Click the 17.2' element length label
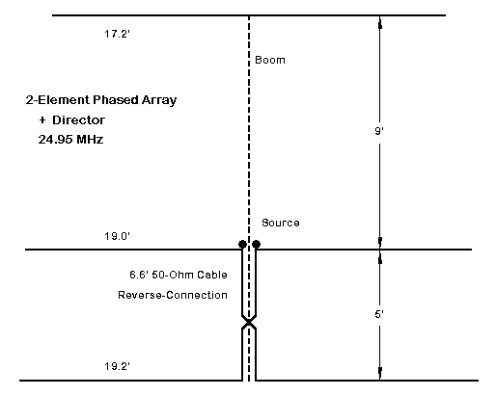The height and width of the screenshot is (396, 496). [x=117, y=34]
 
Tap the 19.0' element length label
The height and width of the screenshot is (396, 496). [x=117, y=236]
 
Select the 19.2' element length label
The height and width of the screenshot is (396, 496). [x=117, y=366]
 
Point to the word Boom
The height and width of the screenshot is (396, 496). [x=270, y=60]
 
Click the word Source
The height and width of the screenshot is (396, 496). [x=281, y=223]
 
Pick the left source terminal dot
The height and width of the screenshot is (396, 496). [x=242, y=244]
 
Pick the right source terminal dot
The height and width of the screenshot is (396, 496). [x=256, y=244]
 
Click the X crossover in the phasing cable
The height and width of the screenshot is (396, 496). [x=249, y=322]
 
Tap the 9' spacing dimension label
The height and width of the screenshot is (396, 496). [x=379, y=131]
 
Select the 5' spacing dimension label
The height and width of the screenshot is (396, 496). [x=379, y=314]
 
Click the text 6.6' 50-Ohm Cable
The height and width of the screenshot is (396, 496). [x=179, y=275]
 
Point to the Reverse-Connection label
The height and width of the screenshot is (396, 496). [x=173, y=295]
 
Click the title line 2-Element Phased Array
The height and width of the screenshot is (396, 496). [x=101, y=100]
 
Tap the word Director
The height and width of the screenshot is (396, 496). [x=78, y=120]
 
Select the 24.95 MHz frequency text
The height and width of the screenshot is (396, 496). [x=70, y=140]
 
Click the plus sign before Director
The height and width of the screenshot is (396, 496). [x=42, y=120]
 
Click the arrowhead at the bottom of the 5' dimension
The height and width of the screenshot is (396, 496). [x=380, y=374]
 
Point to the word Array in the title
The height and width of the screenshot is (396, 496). [x=159, y=100]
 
